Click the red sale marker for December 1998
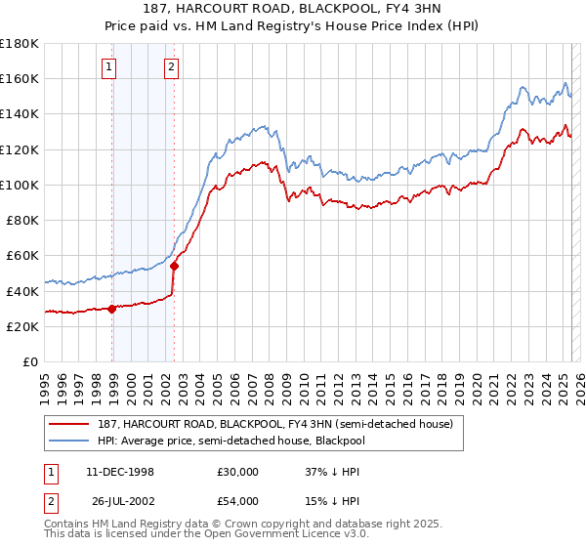112,309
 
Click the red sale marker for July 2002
174,266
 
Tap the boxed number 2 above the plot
171,67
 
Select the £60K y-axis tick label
22,255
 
